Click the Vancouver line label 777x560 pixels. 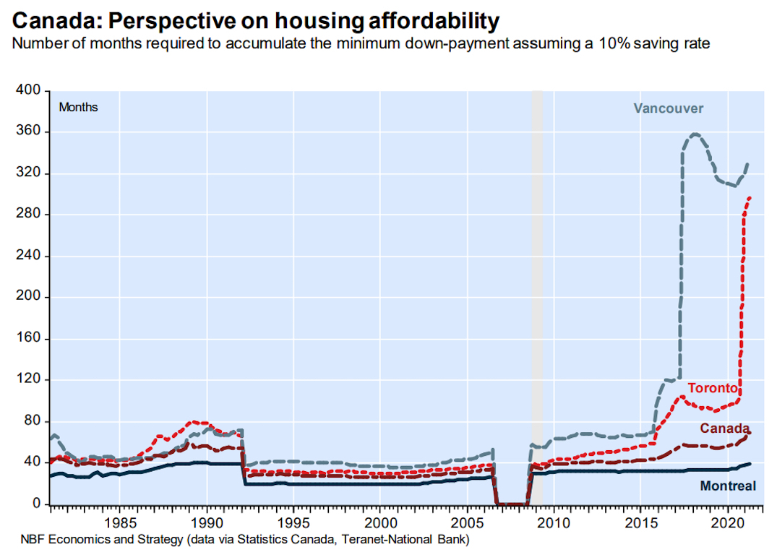[x=668, y=108]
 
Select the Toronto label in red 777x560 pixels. [x=713, y=388]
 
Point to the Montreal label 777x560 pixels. [x=728, y=486]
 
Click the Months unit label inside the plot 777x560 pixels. [x=78, y=107]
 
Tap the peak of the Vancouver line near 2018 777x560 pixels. [x=695, y=134]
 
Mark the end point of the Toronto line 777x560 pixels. [x=750, y=197]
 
